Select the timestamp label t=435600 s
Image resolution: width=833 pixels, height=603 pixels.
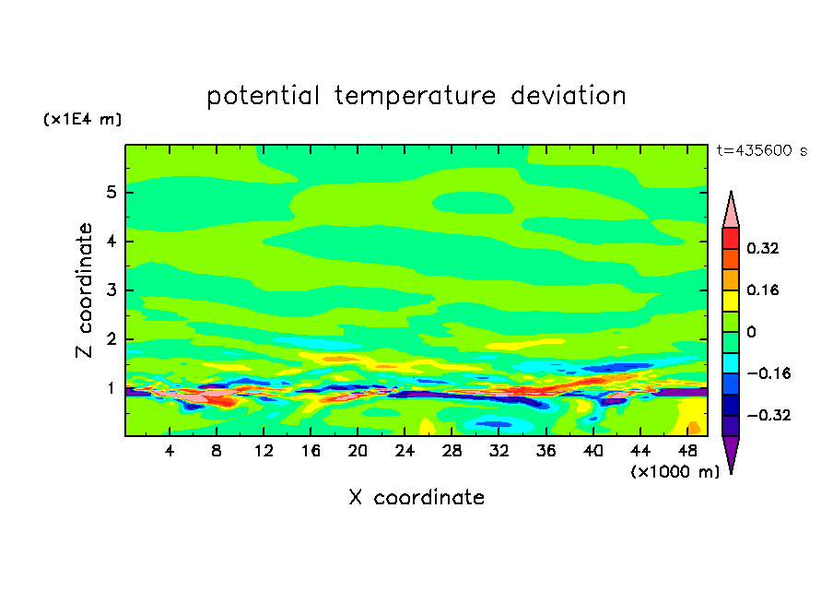coord(762,151)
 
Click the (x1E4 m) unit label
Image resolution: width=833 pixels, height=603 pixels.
coord(81,120)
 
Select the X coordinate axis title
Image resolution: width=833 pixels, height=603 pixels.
coord(416,498)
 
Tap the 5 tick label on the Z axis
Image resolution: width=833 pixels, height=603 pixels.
coord(111,193)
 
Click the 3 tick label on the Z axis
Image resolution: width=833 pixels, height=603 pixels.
coord(111,290)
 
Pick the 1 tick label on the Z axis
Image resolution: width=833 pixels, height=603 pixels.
coord(111,388)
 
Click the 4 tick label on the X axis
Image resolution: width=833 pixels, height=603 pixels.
coord(170,451)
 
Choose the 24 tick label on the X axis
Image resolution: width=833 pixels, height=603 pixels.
coord(405,451)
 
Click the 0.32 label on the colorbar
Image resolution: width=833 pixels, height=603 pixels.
coord(763,248)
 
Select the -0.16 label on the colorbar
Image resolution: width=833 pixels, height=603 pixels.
coord(761,373)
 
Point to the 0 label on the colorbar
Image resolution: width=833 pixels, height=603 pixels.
coord(751,332)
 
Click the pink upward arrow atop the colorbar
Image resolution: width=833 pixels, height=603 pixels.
coord(731,211)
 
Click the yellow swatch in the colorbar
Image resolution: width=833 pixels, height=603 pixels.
coord(731,300)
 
